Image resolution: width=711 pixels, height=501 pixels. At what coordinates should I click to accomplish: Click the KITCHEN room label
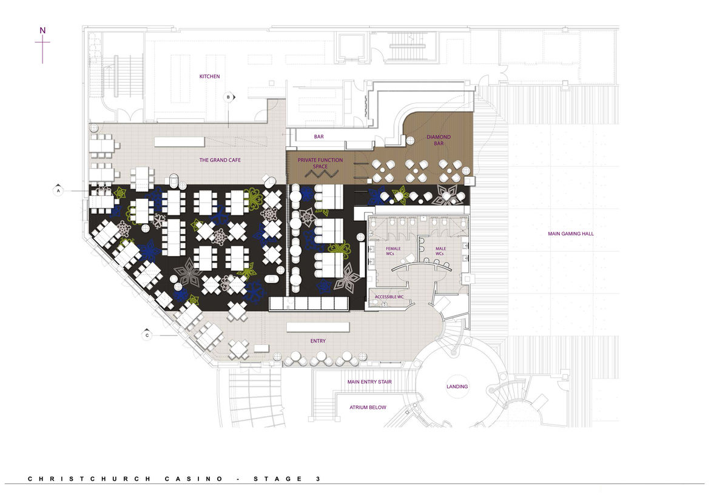(x=209, y=76)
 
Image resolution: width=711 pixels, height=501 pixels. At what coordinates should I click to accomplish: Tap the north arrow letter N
(x=42, y=30)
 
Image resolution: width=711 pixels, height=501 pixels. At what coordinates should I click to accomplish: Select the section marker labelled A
(x=58, y=191)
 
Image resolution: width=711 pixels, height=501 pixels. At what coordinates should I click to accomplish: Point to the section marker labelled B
(x=229, y=97)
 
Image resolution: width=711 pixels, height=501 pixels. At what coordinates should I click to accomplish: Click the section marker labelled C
(x=147, y=335)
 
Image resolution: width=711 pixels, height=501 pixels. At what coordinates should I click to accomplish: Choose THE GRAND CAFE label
(x=220, y=160)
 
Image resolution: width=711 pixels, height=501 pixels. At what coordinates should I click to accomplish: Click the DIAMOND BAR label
(x=439, y=140)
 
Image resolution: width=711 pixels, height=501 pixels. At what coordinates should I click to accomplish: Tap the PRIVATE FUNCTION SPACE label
(x=320, y=163)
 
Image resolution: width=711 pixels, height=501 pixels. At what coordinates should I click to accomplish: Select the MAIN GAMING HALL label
(x=570, y=234)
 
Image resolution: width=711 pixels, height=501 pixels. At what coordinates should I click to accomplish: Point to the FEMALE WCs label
(x=393, y=251)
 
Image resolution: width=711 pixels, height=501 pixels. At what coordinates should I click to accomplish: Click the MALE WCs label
(x=440, y=251)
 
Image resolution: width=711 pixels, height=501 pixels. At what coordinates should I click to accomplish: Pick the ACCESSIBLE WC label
(x=389, y=297)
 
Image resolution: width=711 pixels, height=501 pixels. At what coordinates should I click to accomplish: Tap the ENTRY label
(x=318, y=341)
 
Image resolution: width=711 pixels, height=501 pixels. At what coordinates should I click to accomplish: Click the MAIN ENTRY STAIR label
(x=369, y=382)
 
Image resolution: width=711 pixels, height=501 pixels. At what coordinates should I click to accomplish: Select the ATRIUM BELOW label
(x=368, y=407)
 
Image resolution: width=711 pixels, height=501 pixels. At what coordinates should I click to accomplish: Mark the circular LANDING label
(x=457, y=386)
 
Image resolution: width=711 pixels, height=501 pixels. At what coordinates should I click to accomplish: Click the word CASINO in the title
(x=194, y=479)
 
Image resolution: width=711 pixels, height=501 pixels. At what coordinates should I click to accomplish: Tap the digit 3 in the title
(x=318, y=479)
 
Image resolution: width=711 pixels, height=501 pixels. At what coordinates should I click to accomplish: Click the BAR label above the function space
(x=318, y=136)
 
